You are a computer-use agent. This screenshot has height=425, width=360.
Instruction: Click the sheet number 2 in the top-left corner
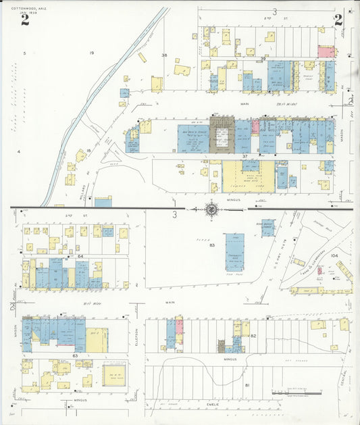click(25, 19)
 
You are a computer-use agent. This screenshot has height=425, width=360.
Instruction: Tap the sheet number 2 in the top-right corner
click(338, 20)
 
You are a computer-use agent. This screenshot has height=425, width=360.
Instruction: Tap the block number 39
click(263, 59)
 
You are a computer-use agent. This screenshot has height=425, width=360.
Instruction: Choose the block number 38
click(163, 55)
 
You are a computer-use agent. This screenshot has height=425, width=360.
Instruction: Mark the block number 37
click(246, 156)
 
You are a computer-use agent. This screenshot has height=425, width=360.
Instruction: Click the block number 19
click(91, 53)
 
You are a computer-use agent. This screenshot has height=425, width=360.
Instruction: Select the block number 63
click(76, 355)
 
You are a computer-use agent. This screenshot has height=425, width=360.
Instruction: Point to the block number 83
click(211, 245)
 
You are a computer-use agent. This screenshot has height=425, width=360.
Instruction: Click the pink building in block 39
click(326, 52)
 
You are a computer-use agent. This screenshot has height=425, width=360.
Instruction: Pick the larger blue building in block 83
click(235, 253)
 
